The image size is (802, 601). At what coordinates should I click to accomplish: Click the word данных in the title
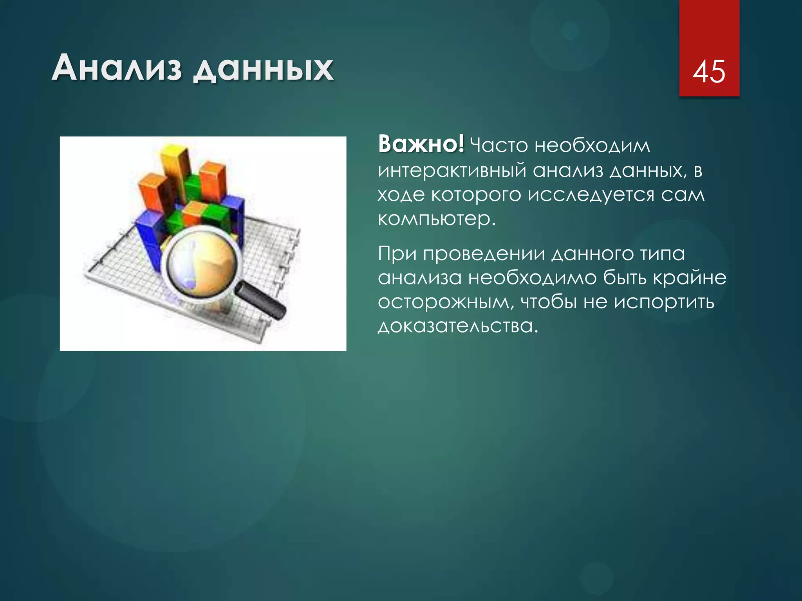point(264,70)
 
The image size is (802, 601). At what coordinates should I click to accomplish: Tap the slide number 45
point(709,72)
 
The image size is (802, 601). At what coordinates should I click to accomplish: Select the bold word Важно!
point(421,144)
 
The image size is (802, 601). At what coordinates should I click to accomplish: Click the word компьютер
point(435,219)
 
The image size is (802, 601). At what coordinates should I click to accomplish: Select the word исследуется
point(591,195)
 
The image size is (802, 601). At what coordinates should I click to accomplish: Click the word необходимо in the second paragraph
point(533,278)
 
